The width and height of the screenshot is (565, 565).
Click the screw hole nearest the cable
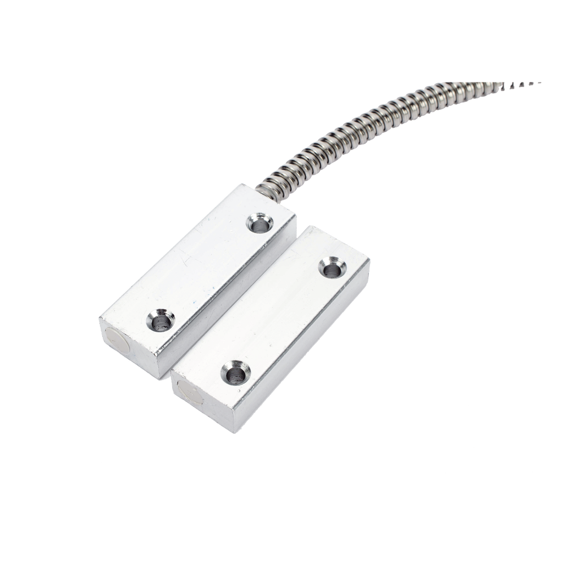point(260,223)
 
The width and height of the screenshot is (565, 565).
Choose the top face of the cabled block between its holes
point(209,271)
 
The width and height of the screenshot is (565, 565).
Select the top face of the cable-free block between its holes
point(282,319)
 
